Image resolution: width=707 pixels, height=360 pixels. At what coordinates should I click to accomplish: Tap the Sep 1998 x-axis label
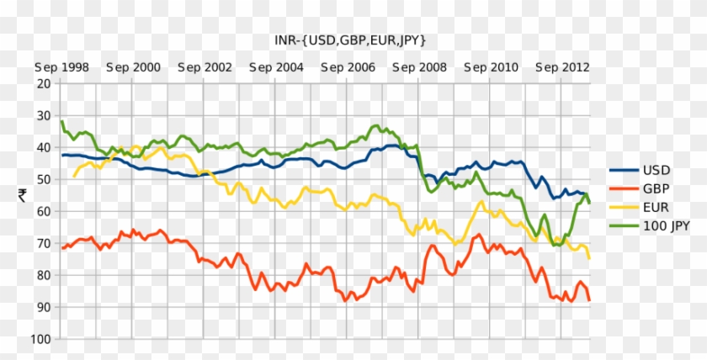coord(61,66)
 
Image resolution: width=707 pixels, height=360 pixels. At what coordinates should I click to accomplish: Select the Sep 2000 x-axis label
coord(133,66)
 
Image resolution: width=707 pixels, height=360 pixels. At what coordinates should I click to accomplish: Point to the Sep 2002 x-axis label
coord(205,66)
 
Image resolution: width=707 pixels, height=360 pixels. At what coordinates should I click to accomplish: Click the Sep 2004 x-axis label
coord(276,66)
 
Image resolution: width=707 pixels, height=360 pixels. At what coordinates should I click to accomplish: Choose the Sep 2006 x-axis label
coord(348,66)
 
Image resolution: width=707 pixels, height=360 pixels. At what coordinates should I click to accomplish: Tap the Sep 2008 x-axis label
coord(419,66)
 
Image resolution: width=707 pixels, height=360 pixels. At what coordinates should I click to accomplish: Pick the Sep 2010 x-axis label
coord(491,66)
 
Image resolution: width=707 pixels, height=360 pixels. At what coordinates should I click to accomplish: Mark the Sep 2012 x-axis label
coord(562,66)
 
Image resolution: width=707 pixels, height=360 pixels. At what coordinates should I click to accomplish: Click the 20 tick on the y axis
coord(43,83)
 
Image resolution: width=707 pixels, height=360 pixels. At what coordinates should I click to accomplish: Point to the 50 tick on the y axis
coord(43,179)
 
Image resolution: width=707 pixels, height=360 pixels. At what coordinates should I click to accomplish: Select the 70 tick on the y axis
coord(43,243)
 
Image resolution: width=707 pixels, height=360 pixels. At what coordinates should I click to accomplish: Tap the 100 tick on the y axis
coord(40,339)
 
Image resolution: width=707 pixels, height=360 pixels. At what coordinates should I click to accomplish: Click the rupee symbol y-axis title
coord(22,195)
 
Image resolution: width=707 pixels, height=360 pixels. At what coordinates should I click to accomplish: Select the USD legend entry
coord(655,169)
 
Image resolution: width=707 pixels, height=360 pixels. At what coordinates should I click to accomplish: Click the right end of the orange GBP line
coord(589,300)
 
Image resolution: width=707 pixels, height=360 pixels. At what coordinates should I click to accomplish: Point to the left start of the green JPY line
coord(61,121)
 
